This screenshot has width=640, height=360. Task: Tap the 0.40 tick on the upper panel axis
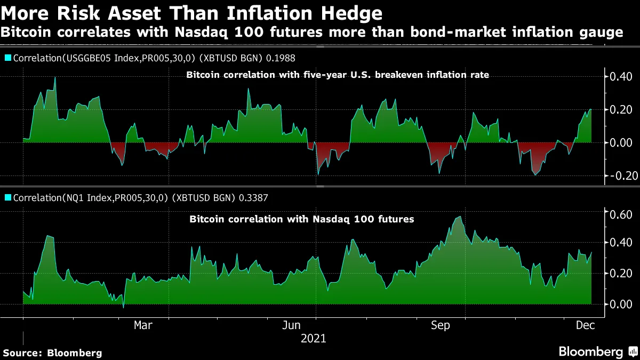pos(621,77)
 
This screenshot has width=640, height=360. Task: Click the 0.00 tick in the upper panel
pos(621,142)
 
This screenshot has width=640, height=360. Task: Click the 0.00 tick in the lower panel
pos(621,304)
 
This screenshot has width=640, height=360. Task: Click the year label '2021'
pos(313,339)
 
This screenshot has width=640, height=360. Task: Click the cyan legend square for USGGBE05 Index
pos(7,58)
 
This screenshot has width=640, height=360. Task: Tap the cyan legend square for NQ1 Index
pos(7,198)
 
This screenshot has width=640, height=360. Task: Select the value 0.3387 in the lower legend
pos(255,198)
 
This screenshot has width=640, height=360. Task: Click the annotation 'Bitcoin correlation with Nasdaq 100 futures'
pos(302,219)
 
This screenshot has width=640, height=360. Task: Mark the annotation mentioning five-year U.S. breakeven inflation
pos(337,75)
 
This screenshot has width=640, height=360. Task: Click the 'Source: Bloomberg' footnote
pos(52,353)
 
